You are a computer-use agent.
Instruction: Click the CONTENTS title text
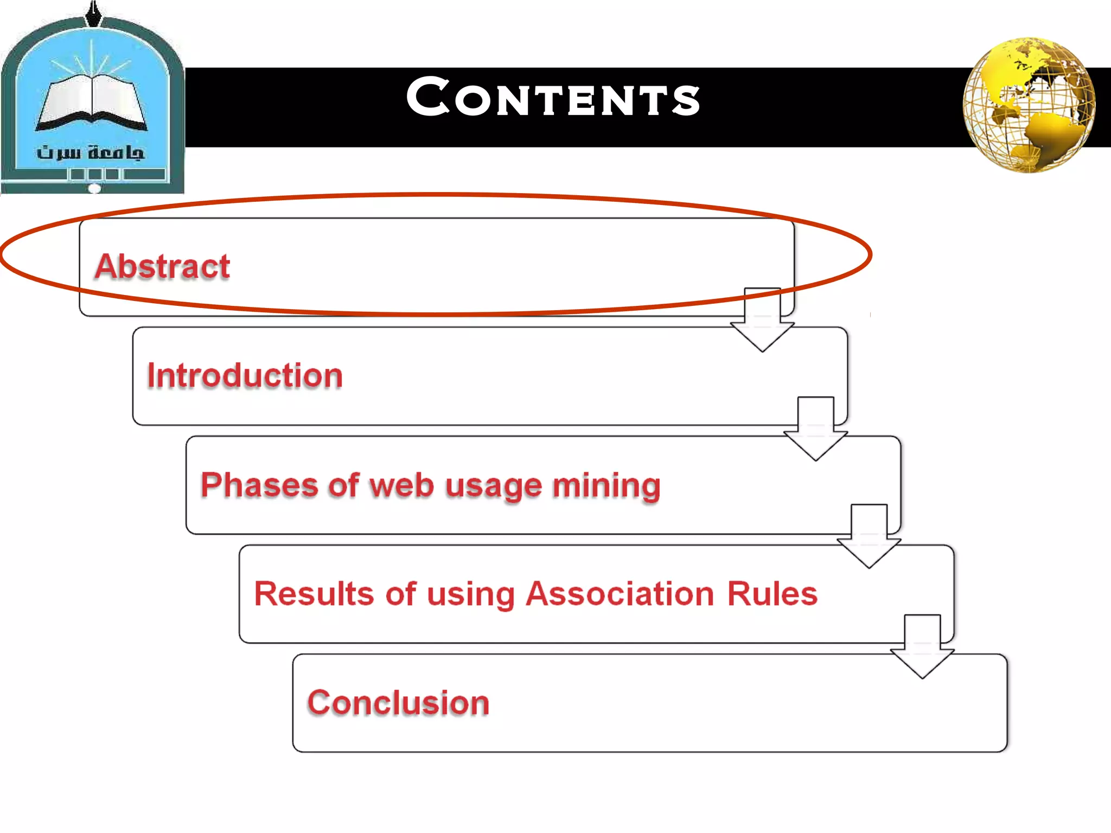553,98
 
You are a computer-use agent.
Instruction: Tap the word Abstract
163,266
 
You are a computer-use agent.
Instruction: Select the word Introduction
245,375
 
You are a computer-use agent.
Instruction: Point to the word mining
606,485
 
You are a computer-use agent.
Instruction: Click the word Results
314,593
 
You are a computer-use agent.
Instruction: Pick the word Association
621,593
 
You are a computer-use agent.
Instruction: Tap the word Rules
772,593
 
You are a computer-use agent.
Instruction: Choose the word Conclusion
399,703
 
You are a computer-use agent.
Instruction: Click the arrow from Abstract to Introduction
762,320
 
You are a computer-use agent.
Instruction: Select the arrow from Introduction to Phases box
815,429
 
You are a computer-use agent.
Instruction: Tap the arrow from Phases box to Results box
869,536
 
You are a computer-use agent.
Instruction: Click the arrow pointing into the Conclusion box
922,646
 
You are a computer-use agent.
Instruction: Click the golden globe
1029,105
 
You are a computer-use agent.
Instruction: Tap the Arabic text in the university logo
91,152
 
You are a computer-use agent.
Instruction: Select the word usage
494,485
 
